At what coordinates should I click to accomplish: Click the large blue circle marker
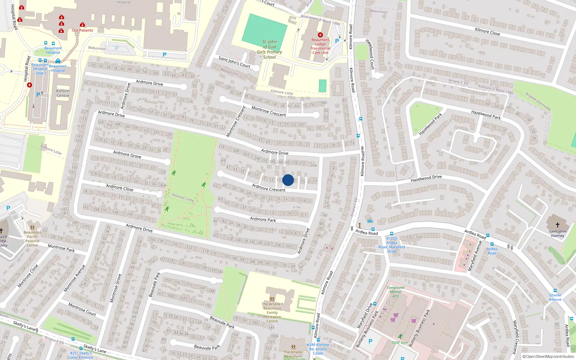coord(288,180)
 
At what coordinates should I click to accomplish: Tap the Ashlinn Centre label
coord(63,93)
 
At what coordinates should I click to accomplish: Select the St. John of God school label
coord(269,49)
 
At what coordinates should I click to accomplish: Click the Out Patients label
coord(82,30)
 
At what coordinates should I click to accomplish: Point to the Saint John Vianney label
coord(557,233)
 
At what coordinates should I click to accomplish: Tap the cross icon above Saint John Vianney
coord(557,225)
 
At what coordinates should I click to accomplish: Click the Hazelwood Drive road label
coord(426,178)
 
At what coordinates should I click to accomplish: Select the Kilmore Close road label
coord(487,32)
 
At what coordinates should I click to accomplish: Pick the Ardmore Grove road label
coord(127,154)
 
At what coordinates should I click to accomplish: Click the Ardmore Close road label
coord(120,188)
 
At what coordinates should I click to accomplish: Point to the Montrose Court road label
coord(82,309)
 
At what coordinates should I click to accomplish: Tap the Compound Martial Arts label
coord(395,292)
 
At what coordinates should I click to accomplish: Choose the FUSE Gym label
coord(400,342)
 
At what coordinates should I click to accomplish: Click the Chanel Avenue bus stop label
coord(555,297)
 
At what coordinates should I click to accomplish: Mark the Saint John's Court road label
coord(234,62)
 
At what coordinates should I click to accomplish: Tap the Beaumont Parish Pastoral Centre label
coord(32,239)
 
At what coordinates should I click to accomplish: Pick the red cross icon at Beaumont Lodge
coord(320,35)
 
